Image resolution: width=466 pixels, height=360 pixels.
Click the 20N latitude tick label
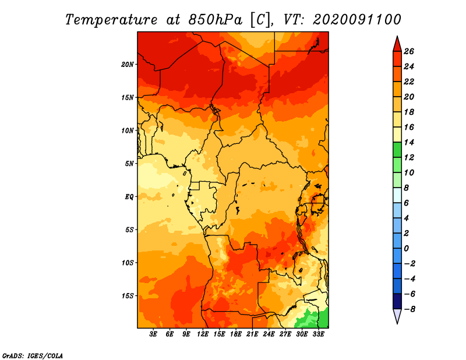pyautogui.click(x=128, y=65)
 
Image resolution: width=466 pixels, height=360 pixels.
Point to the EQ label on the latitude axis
pyautogui.click(x=129, y=197)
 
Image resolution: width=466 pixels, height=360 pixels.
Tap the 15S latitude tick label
pyautogui.click(x=128, y=296)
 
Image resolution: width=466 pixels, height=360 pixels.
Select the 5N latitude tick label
pyautogui.click(x=129, y=164)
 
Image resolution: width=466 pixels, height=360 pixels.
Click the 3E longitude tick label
pyautogui.click(x=153, y=334)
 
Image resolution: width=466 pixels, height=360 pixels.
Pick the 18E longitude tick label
pyautogui.click(x=236, y=334)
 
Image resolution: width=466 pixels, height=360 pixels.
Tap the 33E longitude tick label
pyautogui.click(x=318, y=334)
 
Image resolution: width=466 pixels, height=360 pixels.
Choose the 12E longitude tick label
pyautogui.click(x=203, y=334)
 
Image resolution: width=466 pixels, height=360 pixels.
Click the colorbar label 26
pyautogui.click(x=409, y=51)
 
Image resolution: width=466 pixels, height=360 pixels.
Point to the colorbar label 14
pyautogui.click(x=409, y=142)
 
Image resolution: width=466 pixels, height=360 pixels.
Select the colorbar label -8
pyautogui.click(x=409, y=309)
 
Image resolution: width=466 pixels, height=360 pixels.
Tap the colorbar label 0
pyautogui.click(x=406, y=249)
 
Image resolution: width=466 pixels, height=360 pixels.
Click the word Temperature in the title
pyautogui.click(x=111, y=20)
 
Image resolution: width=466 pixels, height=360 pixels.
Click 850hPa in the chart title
pyautogui.click(x=216, y=20)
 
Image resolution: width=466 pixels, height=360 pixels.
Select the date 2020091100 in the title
pyautogui.click(x=356, y=20)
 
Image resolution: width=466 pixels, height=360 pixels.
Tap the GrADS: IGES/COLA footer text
pyautogui.click(x=33, y=355)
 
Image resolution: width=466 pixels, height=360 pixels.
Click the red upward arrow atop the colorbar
pyautogui.click(x=397, y=44)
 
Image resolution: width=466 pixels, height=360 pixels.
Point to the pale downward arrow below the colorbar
pyautogui.click(x=397, y=316)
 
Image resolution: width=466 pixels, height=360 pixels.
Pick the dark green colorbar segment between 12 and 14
pyautogui.click(x=397, y=150)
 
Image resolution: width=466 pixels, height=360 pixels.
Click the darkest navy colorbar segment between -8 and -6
pyautogui.click(x=397, y=301)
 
